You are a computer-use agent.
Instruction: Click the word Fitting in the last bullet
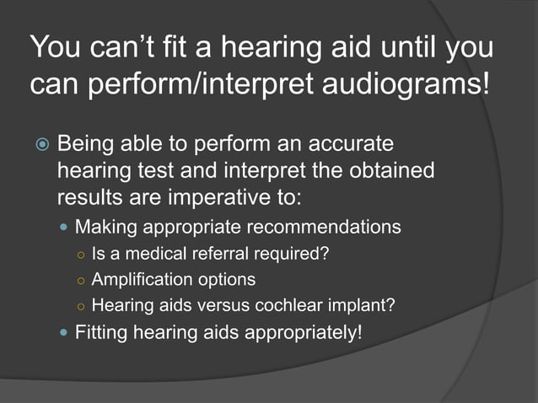[x=101, y=331]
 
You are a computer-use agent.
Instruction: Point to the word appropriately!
[x=301, y=332]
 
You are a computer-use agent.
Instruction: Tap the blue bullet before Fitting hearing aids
[x=66, y=331]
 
